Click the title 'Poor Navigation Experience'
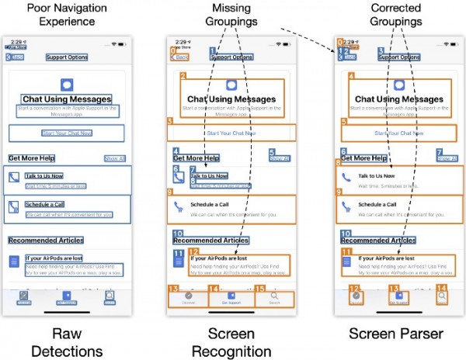coord(67,14)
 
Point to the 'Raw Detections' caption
coord(67,341)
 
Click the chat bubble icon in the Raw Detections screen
coord(67,85)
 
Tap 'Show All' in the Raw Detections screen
coord(113,158)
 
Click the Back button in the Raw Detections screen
coord(15,57)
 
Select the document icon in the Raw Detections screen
coord(14,262)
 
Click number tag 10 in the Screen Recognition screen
coord(178,234)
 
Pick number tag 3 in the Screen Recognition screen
coord(170,121)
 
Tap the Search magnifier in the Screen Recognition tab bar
coord(273,296)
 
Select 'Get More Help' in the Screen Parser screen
coord(363,158)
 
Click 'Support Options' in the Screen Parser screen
coord(400,57)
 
